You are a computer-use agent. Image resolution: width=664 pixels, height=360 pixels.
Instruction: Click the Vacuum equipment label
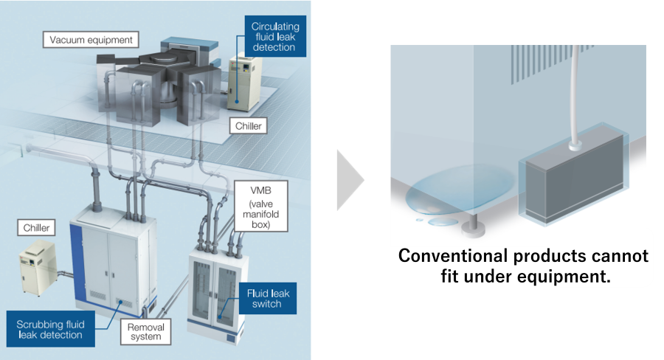point(91,39)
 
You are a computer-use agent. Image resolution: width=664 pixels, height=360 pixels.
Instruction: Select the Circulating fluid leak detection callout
point(275,36)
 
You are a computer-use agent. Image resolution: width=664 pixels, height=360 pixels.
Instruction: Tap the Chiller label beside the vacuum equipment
point(248,126)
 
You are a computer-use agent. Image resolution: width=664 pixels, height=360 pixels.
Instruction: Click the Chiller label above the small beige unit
point(36,227)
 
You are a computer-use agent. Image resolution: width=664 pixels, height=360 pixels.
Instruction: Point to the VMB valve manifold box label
point(261,207)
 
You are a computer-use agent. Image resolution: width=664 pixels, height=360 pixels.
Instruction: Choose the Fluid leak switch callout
point(268,298)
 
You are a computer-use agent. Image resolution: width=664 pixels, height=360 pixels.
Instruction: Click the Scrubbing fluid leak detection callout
point(50,329)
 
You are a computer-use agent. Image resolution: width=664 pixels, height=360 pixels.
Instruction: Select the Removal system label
point(145,332)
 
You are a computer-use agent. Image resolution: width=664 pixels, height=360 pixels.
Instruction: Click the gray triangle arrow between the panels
point(350,180)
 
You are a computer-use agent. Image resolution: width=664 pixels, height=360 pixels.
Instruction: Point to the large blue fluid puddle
point(460,190)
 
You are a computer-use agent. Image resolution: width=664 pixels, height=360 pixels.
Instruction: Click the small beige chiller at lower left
point(38,268)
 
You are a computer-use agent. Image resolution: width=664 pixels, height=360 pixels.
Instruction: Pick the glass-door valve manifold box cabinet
point(216,294)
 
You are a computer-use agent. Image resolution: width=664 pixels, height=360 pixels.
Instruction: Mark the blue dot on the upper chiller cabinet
point(237,102)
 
